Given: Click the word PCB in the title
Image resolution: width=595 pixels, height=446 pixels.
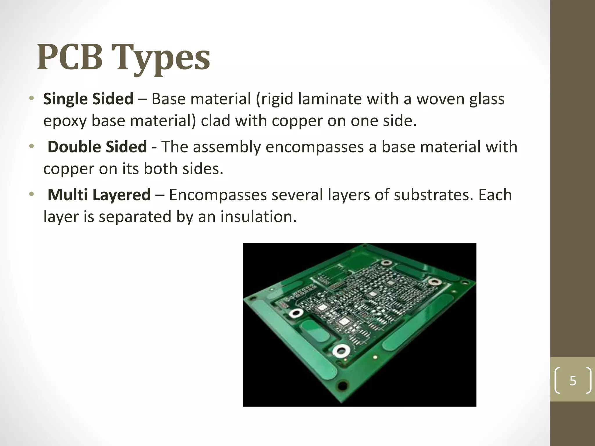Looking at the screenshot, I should [x=70, y=57].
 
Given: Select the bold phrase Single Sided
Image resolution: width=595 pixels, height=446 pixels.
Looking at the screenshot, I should [x=88, y=99].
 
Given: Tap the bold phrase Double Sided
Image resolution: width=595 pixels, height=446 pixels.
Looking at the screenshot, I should [x=97, y=147].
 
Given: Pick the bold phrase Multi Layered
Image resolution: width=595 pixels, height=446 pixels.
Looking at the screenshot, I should [x=99, y=195].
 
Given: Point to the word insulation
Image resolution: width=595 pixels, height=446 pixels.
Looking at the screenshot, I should [x=259, y=217].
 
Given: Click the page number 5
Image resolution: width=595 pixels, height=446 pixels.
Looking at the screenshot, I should [x=573, y=380].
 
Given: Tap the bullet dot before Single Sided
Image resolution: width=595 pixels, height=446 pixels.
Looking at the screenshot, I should [x=32, y=98].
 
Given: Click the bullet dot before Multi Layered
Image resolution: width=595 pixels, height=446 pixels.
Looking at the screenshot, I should [x=32, y=194].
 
